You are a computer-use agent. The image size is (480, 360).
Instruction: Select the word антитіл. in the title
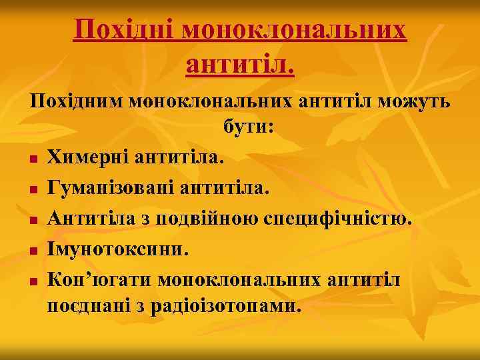click(240, 64)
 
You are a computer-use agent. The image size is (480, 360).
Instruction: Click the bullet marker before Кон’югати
click(32, 282)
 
